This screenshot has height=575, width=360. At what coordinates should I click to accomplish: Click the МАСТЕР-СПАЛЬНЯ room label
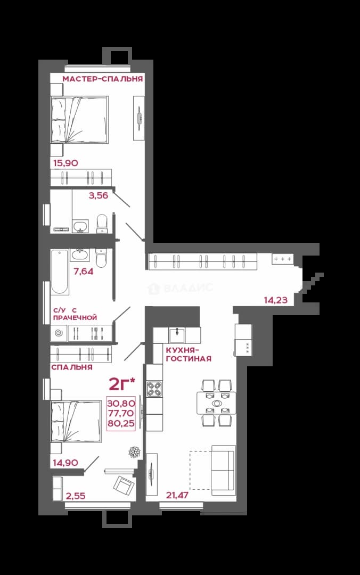(x=102, y=79)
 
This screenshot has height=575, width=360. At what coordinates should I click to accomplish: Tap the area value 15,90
(x=66, y=163)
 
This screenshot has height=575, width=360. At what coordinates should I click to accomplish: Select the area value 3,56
(x=99, y=195)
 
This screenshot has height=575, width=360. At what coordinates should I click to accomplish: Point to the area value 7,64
(x=83, y=272)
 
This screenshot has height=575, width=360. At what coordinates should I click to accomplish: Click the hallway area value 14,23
(x=276, y=300)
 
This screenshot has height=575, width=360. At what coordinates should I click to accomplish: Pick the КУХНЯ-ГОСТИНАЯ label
(x=189, y=354)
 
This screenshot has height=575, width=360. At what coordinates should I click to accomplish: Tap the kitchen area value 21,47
(x=177, y=496)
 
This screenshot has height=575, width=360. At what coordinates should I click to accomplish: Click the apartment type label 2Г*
(x=122, y=384)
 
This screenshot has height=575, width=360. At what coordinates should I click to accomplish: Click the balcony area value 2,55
(x=76, y=496)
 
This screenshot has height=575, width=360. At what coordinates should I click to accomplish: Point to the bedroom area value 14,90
(x=66, y=463)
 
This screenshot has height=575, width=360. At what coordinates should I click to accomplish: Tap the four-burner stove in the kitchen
(x=154, y=389)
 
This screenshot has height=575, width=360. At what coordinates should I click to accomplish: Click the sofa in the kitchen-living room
(x=223, y=467)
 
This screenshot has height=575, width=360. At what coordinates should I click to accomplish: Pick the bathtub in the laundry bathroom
(x=60, y=272)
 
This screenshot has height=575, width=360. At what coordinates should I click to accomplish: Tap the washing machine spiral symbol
(x=59, y=333)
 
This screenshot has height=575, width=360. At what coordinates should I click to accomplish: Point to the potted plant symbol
(x=133, y=452)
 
